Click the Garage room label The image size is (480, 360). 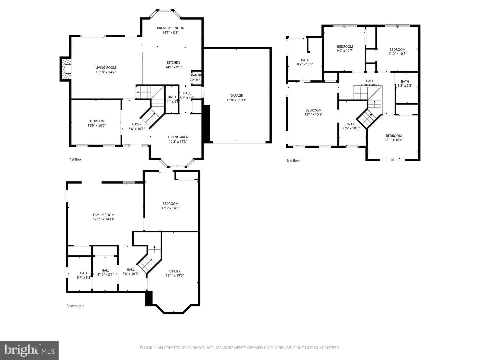236,96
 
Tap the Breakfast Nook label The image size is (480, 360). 170,28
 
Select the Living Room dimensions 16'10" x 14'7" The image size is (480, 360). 106,72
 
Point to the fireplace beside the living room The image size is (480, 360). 66,69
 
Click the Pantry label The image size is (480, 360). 196,75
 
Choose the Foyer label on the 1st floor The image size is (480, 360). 136,124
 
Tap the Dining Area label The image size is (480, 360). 178,137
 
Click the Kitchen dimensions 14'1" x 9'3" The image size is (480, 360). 173,67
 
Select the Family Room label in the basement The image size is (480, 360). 103,215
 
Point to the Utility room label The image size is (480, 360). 175,271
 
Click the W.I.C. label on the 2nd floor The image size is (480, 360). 351,124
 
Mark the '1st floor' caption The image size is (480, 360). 76,159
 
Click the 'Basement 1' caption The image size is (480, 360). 75,306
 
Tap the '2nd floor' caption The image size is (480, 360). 293,160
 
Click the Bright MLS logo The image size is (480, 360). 29,350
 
